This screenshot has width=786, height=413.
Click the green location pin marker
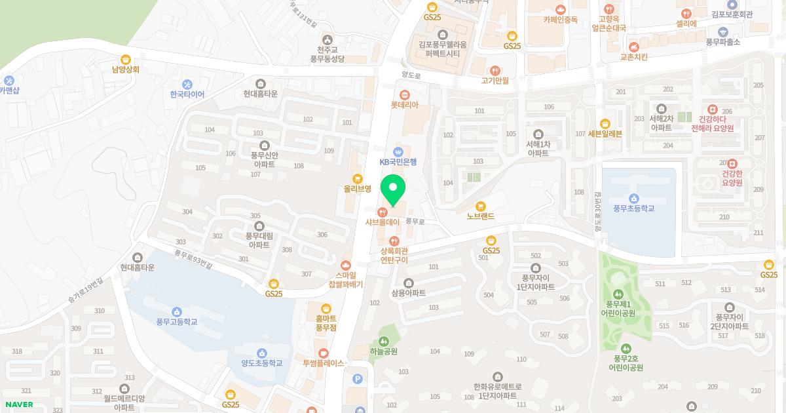click(x=393, y=190)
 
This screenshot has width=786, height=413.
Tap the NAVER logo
click(x=19, y=404)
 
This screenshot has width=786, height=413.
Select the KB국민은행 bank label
click(x=398, y=161)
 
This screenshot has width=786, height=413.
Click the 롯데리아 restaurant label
click(x=404, y=105)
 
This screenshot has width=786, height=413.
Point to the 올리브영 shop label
click(x=358, y=188)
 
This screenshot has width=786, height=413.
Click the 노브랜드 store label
click(x=481, y=216)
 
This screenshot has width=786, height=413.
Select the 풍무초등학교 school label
click(x=633, y=208)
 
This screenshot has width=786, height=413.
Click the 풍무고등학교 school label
click(x=176, y=322)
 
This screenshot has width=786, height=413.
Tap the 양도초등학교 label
click(x=261, y=363)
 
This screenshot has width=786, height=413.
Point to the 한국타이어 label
click(x=187, y=94)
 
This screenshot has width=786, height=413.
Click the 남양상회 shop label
click(x=126, y=69)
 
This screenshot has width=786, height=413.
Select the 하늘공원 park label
click(x=383, y=351)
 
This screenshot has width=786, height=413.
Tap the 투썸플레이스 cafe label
click(x=323, y=363)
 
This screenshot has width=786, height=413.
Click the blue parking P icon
click(x=358, y=378)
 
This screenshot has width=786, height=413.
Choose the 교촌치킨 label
click(x=633, y=57)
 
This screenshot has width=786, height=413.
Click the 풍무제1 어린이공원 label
click(x=618, y=308)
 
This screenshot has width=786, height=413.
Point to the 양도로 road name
click(x=410, y=75)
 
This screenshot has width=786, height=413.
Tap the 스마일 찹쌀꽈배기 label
click(x=345, y=281)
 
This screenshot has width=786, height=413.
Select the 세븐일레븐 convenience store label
click(x=605, y=134)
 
